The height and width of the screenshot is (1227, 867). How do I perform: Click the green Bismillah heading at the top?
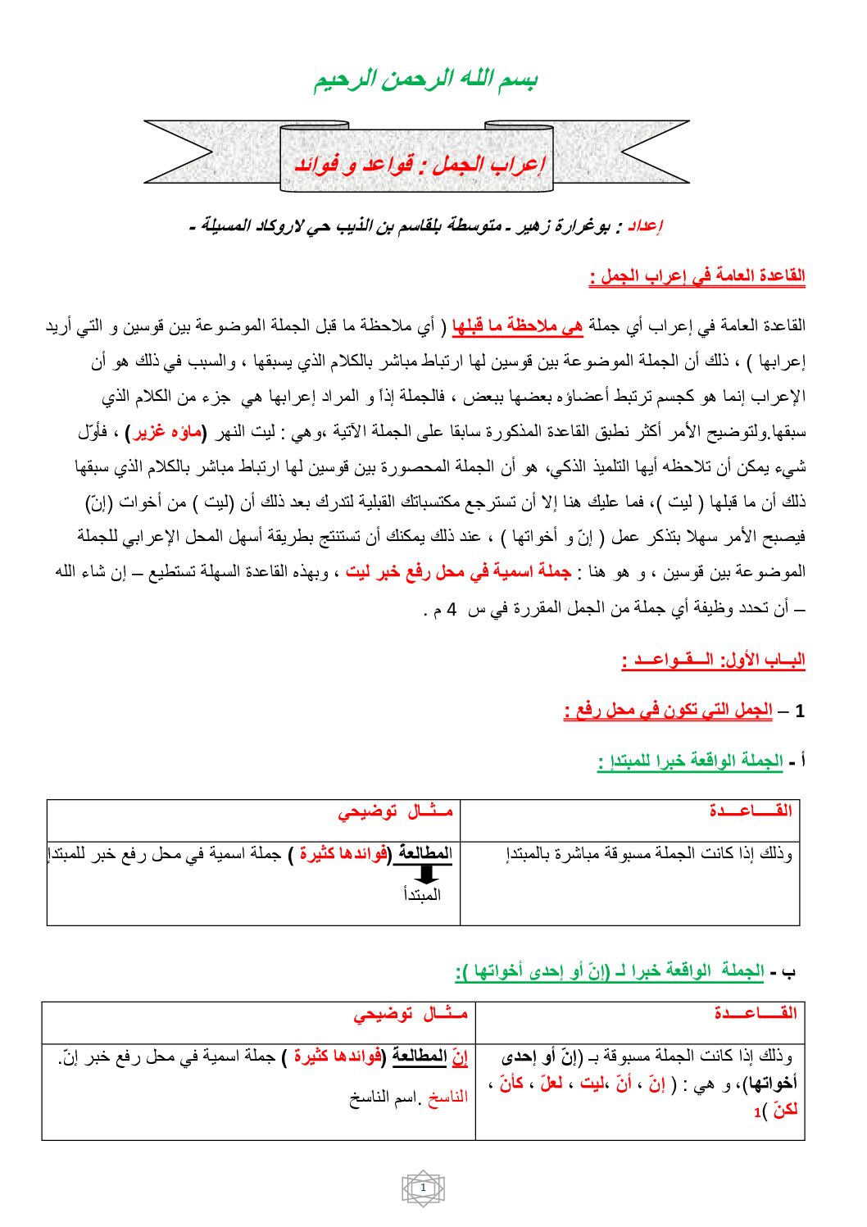(x=425, y=80)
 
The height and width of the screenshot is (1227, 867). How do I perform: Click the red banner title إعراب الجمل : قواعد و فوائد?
(x=419, y=165)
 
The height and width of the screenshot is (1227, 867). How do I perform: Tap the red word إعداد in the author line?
(x=645, y=226)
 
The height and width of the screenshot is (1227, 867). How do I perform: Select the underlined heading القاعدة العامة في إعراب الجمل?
(x=697, y=276)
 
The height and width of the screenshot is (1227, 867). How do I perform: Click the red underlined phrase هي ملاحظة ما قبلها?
(x=517, y=326)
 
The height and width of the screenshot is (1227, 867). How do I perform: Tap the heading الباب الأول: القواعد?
(x=713, y=660)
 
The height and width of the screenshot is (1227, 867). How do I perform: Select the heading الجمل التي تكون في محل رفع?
(x=668, y=711)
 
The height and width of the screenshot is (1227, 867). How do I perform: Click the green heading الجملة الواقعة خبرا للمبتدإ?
(x=690, y=761)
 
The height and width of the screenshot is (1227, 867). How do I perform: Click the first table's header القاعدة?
(x=750, y=811)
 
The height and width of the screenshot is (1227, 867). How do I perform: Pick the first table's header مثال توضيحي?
(x=395, y=811)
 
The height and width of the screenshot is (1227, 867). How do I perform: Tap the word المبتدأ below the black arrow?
(x=422, y=894)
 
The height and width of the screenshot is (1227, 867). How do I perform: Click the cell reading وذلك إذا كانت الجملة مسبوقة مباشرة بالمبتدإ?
(x=649, y=854)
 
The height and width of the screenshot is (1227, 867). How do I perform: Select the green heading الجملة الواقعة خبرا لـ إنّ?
(x=610, y=971)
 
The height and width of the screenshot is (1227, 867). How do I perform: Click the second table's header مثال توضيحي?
(x=411, y=1014)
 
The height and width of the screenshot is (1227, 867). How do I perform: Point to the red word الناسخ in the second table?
(x=447, y=1097)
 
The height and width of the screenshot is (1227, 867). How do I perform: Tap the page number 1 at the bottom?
(x=423, y=1188)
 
